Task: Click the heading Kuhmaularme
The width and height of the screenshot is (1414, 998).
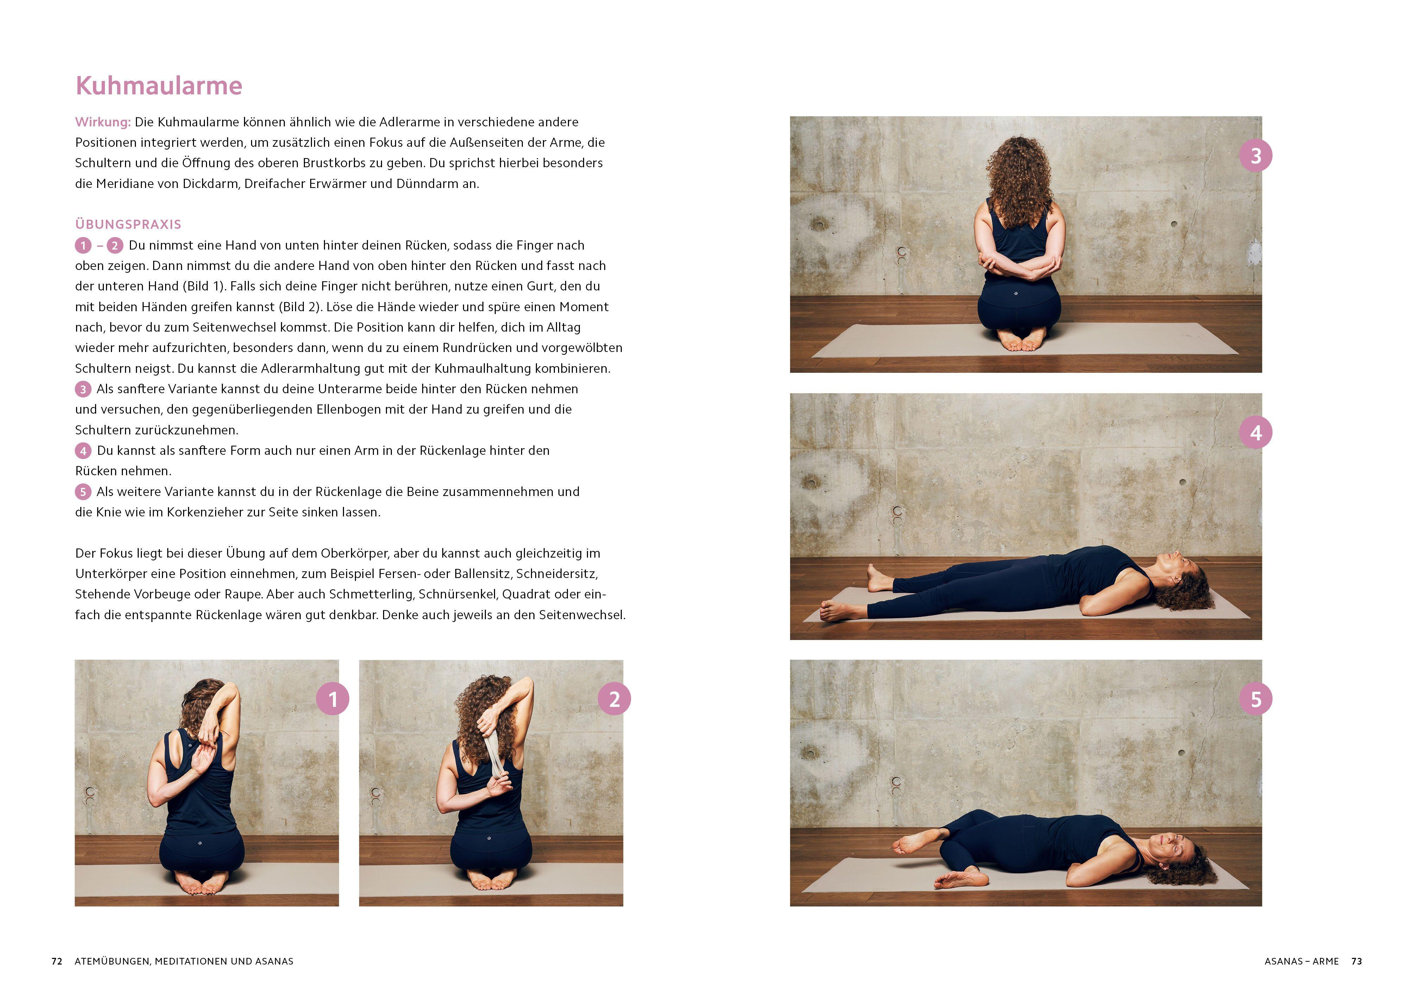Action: pos(159,86)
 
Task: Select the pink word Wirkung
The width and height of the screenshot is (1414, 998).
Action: pos(103,122)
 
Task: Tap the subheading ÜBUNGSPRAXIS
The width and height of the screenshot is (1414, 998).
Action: pos(128,224)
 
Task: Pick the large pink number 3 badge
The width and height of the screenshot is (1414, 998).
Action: pos(1256,156)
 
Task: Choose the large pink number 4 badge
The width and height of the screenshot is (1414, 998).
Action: pos(1256,433)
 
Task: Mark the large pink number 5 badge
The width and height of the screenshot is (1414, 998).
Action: pos(1256,699)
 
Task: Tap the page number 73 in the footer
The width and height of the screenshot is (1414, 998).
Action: pos(1357,961)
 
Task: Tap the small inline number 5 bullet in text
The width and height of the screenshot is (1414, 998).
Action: pos(82,492)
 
